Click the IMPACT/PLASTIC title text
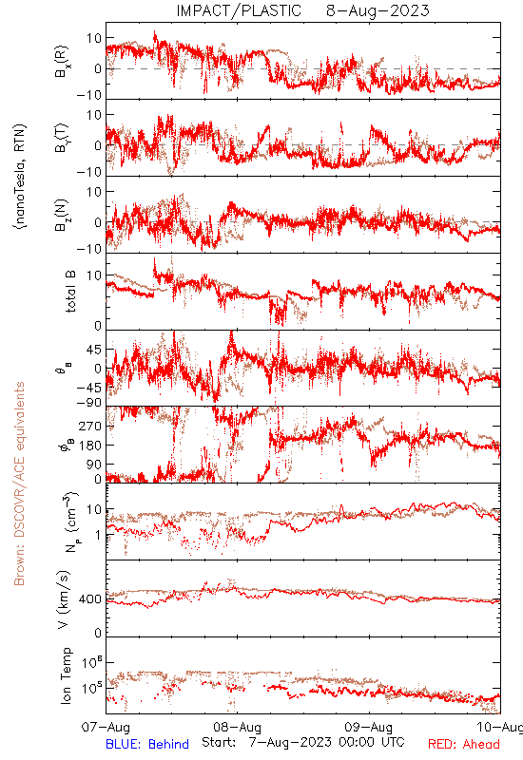[x=239, y=10]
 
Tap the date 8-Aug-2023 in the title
[x=378, y=10]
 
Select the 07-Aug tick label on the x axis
[x=106, y=728]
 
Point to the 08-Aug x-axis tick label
[x=237, y=728]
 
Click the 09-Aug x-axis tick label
[x=369, y=728]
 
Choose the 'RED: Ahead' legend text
[x=463, y=745]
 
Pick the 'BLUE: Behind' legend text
[x=147, y=745]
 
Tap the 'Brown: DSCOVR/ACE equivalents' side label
[x=19, y=484]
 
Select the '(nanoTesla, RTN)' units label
[x=20, y=177]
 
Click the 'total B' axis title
[x=70, y=292]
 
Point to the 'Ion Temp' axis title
[x=66, y=675]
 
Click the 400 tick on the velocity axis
[x=90, y=599]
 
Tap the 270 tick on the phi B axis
[x=90, y=426]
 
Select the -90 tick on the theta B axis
[x=89, y=403]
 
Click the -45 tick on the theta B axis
[x=89, y=388]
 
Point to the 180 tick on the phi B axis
[x=90, y=445]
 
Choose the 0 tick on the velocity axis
[x=98, y=633]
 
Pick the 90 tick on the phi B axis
[x=94, y=465]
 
